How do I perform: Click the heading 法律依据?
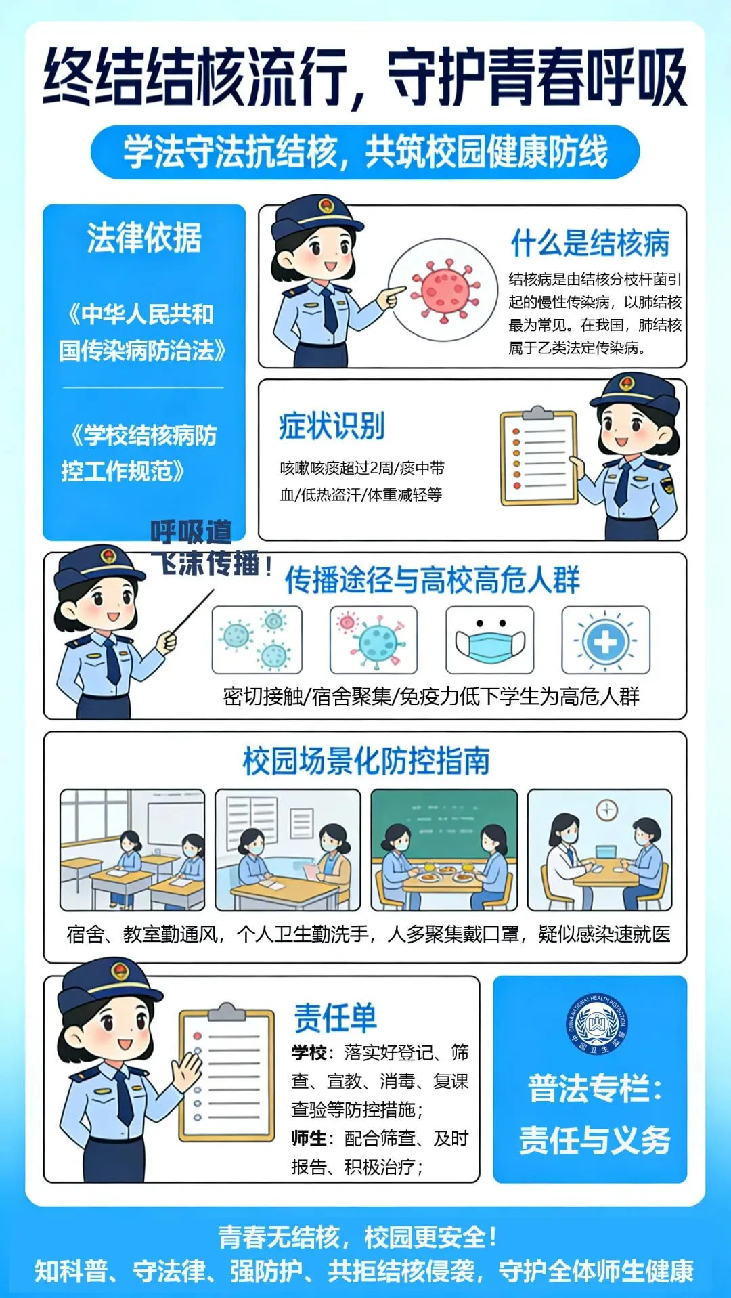[x=143, y=238]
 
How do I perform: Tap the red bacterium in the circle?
[x=445, y=289]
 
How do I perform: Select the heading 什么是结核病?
[x=590, y=242]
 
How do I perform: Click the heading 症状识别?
[x=332, y=426]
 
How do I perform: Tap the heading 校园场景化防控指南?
[x=366, y=760]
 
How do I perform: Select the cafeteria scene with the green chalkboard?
[x=444, y=850]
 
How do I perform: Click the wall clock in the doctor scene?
[x=606, y=809]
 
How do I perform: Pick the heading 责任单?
[x=335, y=1017]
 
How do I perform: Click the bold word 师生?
[x=309, y=1138]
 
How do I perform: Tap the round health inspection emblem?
[x=597, y=1024]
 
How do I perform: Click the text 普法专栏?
[x=595, y=1089]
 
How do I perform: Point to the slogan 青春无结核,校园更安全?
[x=358, y=1237]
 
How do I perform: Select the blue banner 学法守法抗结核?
[x=365, y=152]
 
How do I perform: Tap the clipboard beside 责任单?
[x=227, y=1072]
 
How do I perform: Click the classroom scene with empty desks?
[x=133, y=850]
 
